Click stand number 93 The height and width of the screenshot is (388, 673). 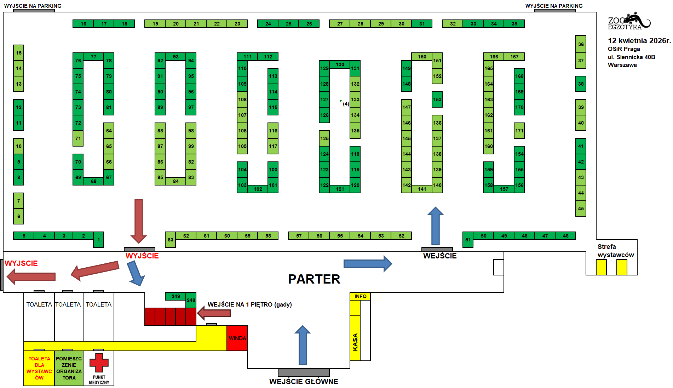point(176,57)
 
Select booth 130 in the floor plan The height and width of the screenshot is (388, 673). point(340,64)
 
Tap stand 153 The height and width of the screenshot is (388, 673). point(437,99)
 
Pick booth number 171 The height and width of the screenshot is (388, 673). point(519,131)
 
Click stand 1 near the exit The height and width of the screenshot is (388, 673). point(98,240)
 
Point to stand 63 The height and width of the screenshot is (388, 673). point(170,240)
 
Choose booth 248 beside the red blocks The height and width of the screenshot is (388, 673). point(191,300)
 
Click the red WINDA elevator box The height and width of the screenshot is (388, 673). point(237,338)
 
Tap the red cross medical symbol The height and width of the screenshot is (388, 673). point(99,362)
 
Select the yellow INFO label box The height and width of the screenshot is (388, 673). point(360,296)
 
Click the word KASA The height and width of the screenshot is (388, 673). point(355,342)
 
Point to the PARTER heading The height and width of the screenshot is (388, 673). point(314,279)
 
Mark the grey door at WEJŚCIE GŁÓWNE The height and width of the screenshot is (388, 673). point(304,372)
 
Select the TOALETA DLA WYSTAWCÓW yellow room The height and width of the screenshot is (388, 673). point(39,368)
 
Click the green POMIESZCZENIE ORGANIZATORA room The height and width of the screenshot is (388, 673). point(69,368)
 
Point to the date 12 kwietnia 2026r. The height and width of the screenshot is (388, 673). point(639,41)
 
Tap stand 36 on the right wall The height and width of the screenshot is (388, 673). point(581,44)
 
